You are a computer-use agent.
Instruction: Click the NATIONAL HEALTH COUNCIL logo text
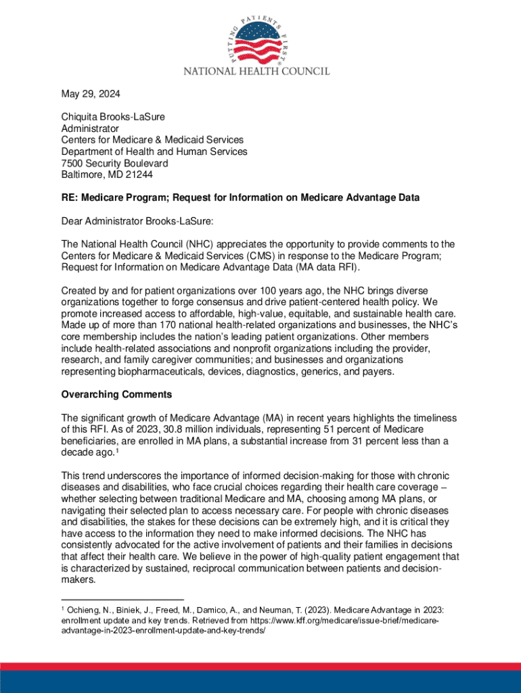[260, 70]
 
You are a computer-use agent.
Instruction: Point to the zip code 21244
[139, 175]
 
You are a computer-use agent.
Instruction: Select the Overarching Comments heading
[116, 395]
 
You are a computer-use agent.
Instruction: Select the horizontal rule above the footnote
[122, 599]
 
